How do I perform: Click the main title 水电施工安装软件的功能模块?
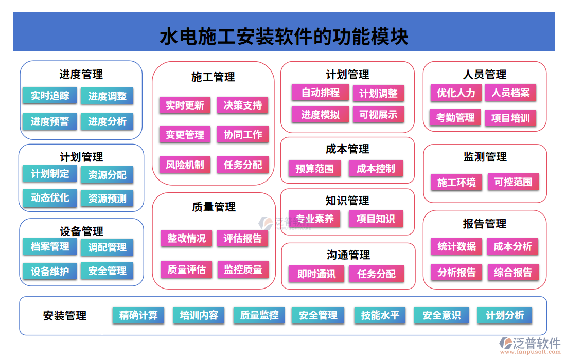click(284, 37)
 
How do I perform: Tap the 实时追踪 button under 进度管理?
click(49, 96)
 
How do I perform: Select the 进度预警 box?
click(49, 121)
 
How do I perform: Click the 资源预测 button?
click(107, 199)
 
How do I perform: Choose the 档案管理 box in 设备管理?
click(49, 247)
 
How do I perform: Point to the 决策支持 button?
click(243, 105)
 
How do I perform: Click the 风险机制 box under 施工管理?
click(185, 165)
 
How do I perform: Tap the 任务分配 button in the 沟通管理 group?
click(377, 274)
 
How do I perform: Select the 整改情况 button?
click(186, 238)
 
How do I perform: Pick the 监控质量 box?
click(243, 269)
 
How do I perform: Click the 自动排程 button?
click(320, 93)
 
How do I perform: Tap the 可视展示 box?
click(378, 115)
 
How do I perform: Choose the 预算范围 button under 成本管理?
click(314, 169)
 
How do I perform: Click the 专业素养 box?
click(314, 219)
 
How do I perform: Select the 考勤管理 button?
click(455, 117)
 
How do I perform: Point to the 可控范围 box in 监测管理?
click(513, 182)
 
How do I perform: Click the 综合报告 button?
click(513, 272)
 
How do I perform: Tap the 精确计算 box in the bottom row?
click(138, 315)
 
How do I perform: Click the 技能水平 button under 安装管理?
click(380, 315)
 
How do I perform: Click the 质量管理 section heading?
click(214, 207)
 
